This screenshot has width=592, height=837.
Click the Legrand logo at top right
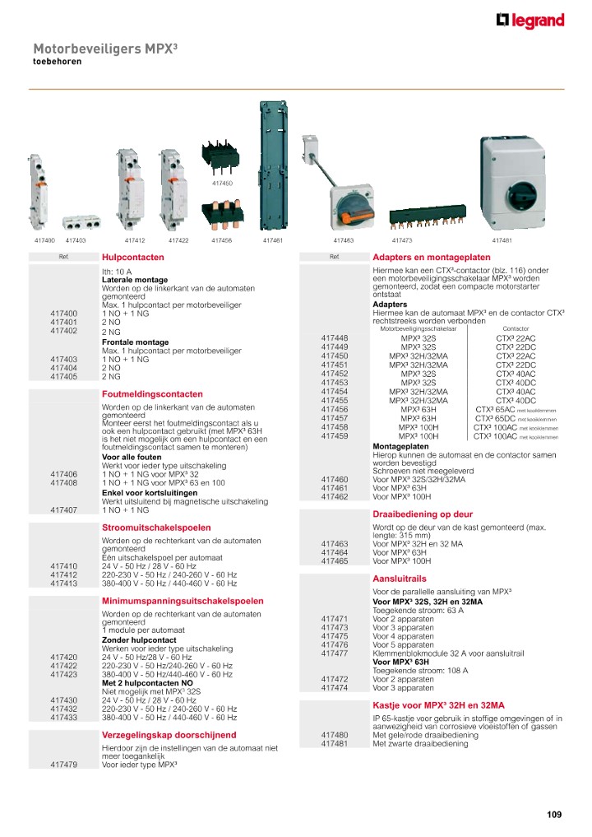[530, 21]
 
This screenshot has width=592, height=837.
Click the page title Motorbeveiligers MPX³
[105, 49]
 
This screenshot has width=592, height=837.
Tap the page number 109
[554, 815]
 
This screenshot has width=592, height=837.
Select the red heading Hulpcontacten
[122, 258]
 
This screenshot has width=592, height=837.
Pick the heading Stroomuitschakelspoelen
[156, 528]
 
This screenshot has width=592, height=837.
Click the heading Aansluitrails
[400, 579]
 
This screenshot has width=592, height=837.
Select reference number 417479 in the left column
[63, 765]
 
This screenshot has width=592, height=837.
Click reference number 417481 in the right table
[335, 744]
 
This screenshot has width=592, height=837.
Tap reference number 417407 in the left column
[63, 510]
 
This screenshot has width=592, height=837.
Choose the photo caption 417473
[402, 240]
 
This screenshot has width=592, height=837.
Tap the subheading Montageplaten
[398, 446]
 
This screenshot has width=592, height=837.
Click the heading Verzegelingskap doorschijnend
[169, 735]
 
